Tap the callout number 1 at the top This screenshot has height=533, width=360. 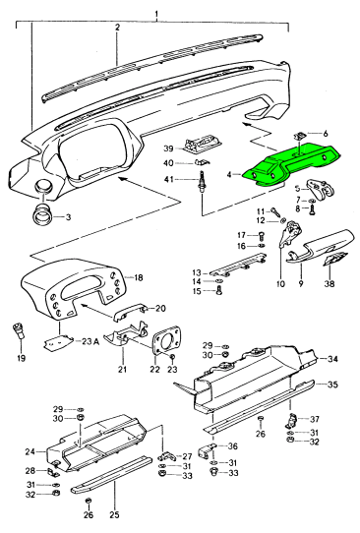coord(156,15)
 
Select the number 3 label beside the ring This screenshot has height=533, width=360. coord(68,217)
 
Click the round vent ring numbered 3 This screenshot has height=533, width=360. coord(43,213)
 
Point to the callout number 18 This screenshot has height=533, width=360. coord(138,277)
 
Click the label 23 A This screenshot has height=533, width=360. coord(90,341)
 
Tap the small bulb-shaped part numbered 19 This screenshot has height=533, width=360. coord(19,330)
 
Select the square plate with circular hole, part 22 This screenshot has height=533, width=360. coord(165,340)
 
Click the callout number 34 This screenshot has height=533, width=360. coord(332,359)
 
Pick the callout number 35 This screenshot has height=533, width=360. coord(332,385)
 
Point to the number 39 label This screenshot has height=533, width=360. coord(168,148)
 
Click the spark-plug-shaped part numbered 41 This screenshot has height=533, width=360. coord(201,182)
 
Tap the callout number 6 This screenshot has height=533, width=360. coord(326,134)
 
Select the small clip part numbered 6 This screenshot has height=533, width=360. coord(300,136)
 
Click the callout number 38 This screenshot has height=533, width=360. coord(330,283)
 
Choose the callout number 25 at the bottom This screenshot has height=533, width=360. coord(115,515)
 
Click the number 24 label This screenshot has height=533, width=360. coord(30,451)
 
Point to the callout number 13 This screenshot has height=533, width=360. coord(197,272)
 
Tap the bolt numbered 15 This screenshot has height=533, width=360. coord(219,291)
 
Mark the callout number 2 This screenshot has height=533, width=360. coord(117,28)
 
